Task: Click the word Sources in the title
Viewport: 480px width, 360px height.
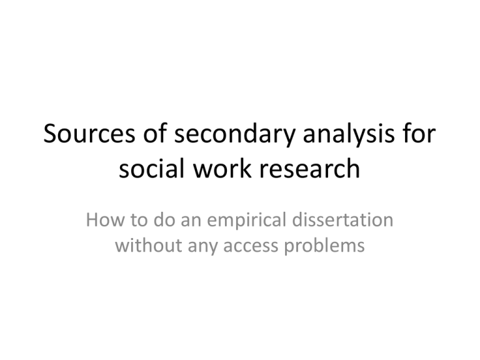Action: pos(89,133)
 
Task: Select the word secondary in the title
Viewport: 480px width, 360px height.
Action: pos(234,135)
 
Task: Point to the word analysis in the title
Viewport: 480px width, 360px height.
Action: pos(349,135)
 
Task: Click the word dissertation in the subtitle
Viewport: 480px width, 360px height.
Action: pos(343,220)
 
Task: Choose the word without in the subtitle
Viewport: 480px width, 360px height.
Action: pos(149,245)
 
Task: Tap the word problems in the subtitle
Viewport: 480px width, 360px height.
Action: pos(324,246)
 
